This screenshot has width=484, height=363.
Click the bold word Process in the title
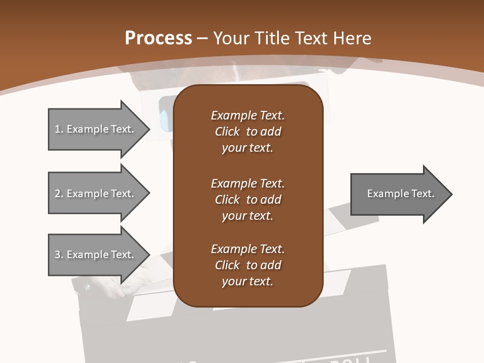[x=158, y=38]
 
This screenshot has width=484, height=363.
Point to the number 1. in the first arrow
[x=59, y=129]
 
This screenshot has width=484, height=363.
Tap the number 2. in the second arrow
[x=59, y=194]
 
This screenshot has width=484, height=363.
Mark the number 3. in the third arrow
[x=59, y=255]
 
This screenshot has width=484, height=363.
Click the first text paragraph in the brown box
[x=248, y=132]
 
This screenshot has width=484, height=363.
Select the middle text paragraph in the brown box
[x=248, y=199]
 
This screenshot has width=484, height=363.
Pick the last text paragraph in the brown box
[x=248, y=265]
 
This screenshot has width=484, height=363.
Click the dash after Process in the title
[x=203, y=38]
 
